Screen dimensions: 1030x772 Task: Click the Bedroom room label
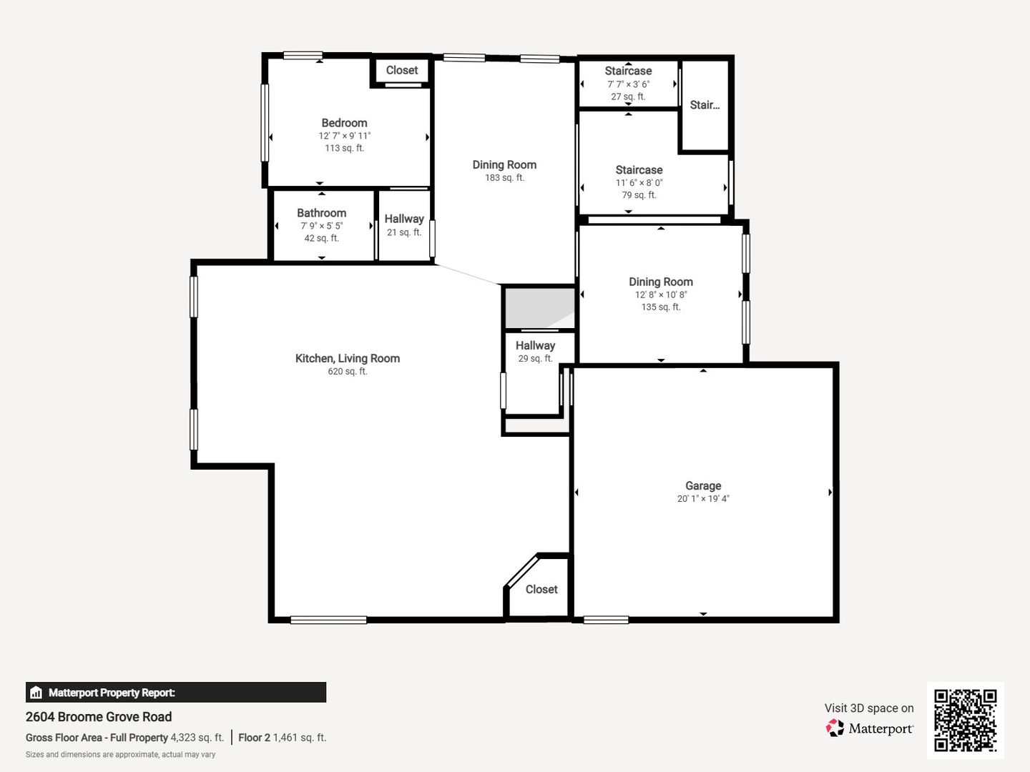coord(344,123)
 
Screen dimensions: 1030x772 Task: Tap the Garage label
coord(703,485)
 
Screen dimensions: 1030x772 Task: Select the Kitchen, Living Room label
coord(347,358)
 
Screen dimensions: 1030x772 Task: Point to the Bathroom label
coord(321,213)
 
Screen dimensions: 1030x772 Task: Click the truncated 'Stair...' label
coord(705,105)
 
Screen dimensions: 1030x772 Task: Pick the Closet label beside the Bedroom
coord(402,70)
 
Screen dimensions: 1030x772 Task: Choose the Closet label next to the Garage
coord(541,589)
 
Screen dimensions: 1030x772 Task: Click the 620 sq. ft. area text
coord(347,371)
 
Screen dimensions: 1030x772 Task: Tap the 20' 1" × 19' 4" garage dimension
coord(703,498)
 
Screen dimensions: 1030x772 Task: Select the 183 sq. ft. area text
coord(504,178)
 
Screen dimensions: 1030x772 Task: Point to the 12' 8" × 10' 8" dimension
coord(661,295)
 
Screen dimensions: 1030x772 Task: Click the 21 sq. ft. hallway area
coord(404,232)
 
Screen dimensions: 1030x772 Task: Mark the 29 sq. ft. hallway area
coord(536,359)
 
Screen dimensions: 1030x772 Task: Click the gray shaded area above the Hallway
coord(539,308)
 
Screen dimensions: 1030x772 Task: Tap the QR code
coord(965,721)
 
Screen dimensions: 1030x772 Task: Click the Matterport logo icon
coord(835,728)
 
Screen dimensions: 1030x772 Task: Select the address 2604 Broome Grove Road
coord(99,717)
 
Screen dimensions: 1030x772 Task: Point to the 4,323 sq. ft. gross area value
coord(197,737)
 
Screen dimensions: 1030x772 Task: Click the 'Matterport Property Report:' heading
coord(112,693)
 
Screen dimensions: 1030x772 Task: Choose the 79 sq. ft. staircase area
coord(639,195)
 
